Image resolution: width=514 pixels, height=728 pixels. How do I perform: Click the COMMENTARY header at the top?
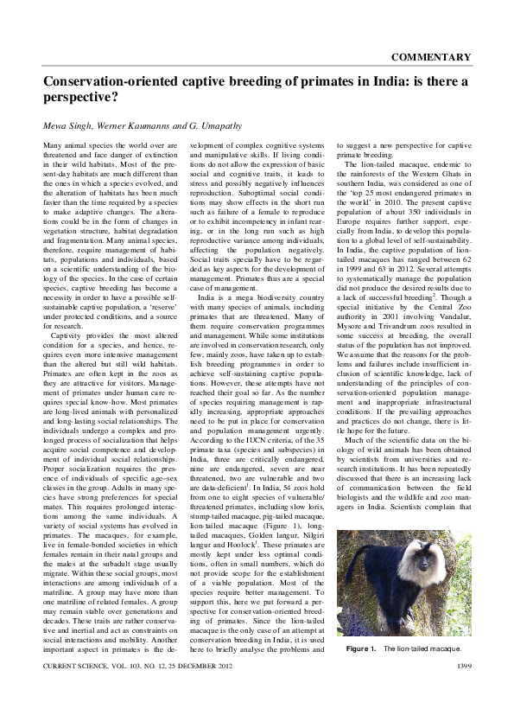[430, 57]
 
